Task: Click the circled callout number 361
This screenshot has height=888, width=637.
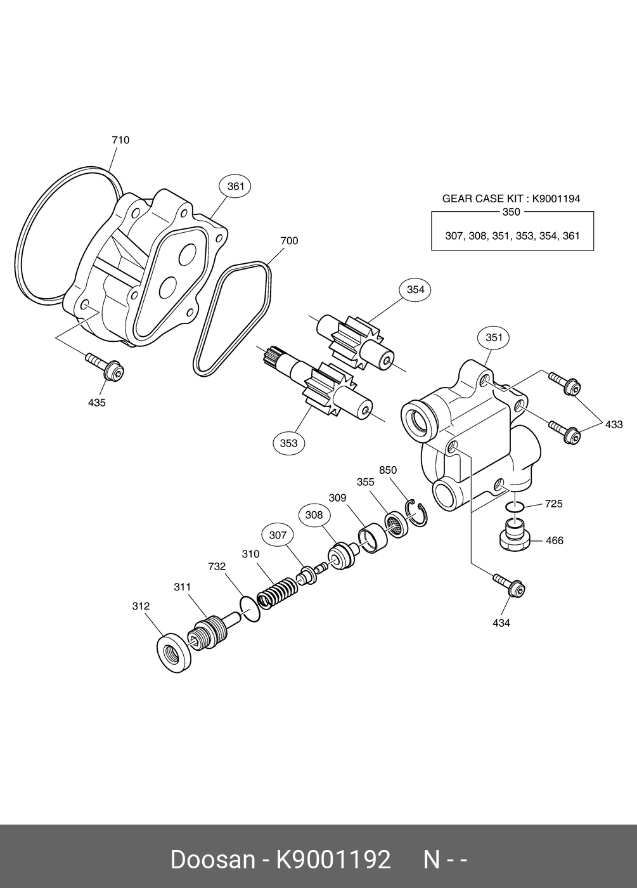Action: [x=235, y=186]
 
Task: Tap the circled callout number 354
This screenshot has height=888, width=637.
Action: [x=415, y=290]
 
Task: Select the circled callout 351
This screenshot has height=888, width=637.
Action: [x=494, y=337]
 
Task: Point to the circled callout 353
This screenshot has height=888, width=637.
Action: [x=288, y=443]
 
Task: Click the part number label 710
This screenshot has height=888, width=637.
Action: [x=120, y=140]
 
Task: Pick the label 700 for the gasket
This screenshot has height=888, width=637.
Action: [x=289, y=241]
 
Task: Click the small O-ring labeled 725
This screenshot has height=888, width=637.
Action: [x=516, y=507]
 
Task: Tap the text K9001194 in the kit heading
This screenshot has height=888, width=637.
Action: [x=556, y=199]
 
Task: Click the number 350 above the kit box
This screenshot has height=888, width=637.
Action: [x=511, y=212]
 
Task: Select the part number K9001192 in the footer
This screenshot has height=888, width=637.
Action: [x=332, y=860]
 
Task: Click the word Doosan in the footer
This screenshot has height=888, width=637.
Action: [x=212, y=860]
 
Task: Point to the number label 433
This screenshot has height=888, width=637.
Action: [x=614, y=425]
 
